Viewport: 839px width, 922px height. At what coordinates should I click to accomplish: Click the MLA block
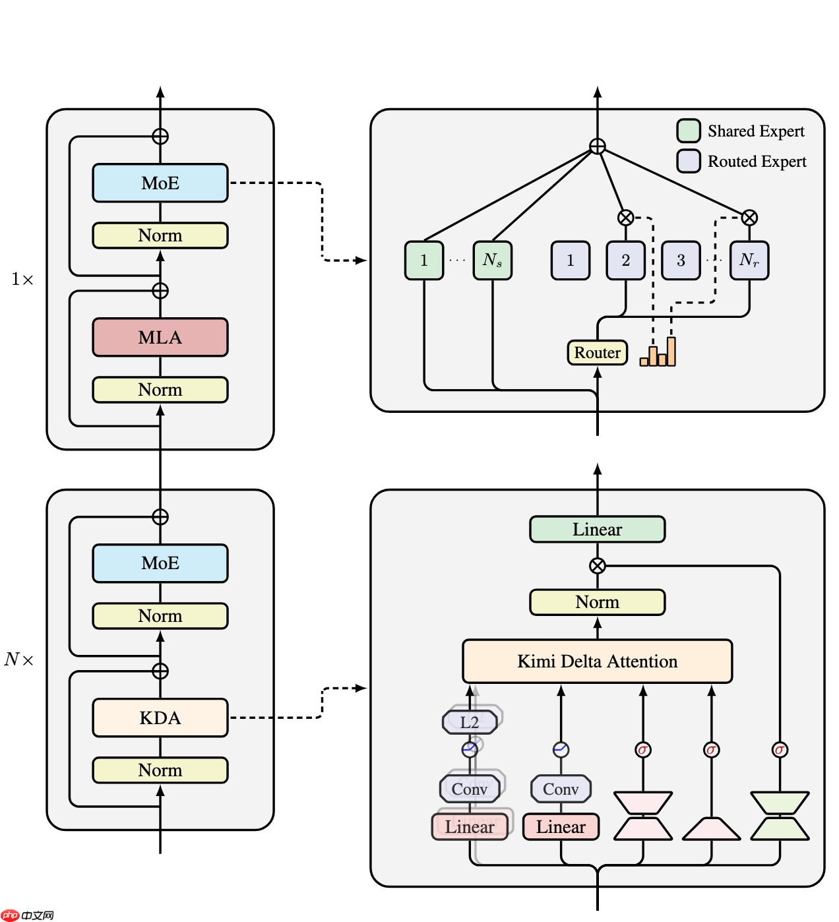[x=160, y=338]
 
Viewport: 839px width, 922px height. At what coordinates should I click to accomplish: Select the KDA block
[x=160, y=718]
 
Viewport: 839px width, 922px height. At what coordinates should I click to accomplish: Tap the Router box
[x=597, y=353]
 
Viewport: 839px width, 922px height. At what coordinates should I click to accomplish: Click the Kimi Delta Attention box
[x=597, y=661]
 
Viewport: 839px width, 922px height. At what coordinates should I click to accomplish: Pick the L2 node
[x=470, y=722]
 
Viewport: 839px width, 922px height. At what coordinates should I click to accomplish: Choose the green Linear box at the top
[x=597, y=530]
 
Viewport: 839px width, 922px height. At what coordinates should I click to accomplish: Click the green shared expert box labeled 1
[x=424, y=261]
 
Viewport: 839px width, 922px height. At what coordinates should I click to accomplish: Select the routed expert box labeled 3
[x=681, y=261]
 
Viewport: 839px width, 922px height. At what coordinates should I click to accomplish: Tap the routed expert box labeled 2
[x=625, y=261]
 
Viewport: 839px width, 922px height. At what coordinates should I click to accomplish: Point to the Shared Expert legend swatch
[x=689, y=131]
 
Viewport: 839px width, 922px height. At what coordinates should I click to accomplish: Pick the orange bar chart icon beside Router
[x=658, y=353]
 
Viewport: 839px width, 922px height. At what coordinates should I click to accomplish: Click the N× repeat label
[x=19, y=660]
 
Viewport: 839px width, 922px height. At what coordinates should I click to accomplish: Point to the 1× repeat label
[x=22, y=280]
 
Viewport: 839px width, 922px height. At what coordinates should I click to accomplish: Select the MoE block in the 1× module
[x=160, y=183]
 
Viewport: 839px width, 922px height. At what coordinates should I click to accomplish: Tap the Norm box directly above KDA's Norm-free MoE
[x=160, y=616]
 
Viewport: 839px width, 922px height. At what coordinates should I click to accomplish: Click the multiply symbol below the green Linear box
[x=597, y=566]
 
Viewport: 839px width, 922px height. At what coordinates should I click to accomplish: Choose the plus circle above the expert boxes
[x=597, y=146]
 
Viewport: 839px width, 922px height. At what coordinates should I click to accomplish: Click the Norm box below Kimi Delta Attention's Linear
[x=597, y=602]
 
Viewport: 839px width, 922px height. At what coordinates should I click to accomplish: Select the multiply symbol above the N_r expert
[x=749, y=218]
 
